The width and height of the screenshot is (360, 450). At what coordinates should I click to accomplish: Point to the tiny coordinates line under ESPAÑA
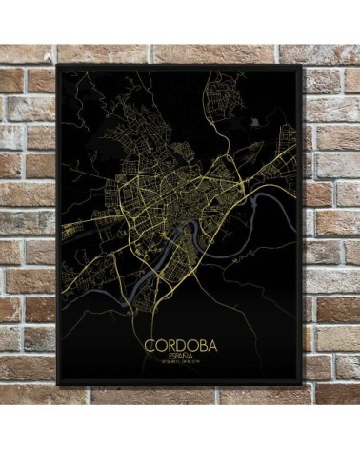coord(180,362)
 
